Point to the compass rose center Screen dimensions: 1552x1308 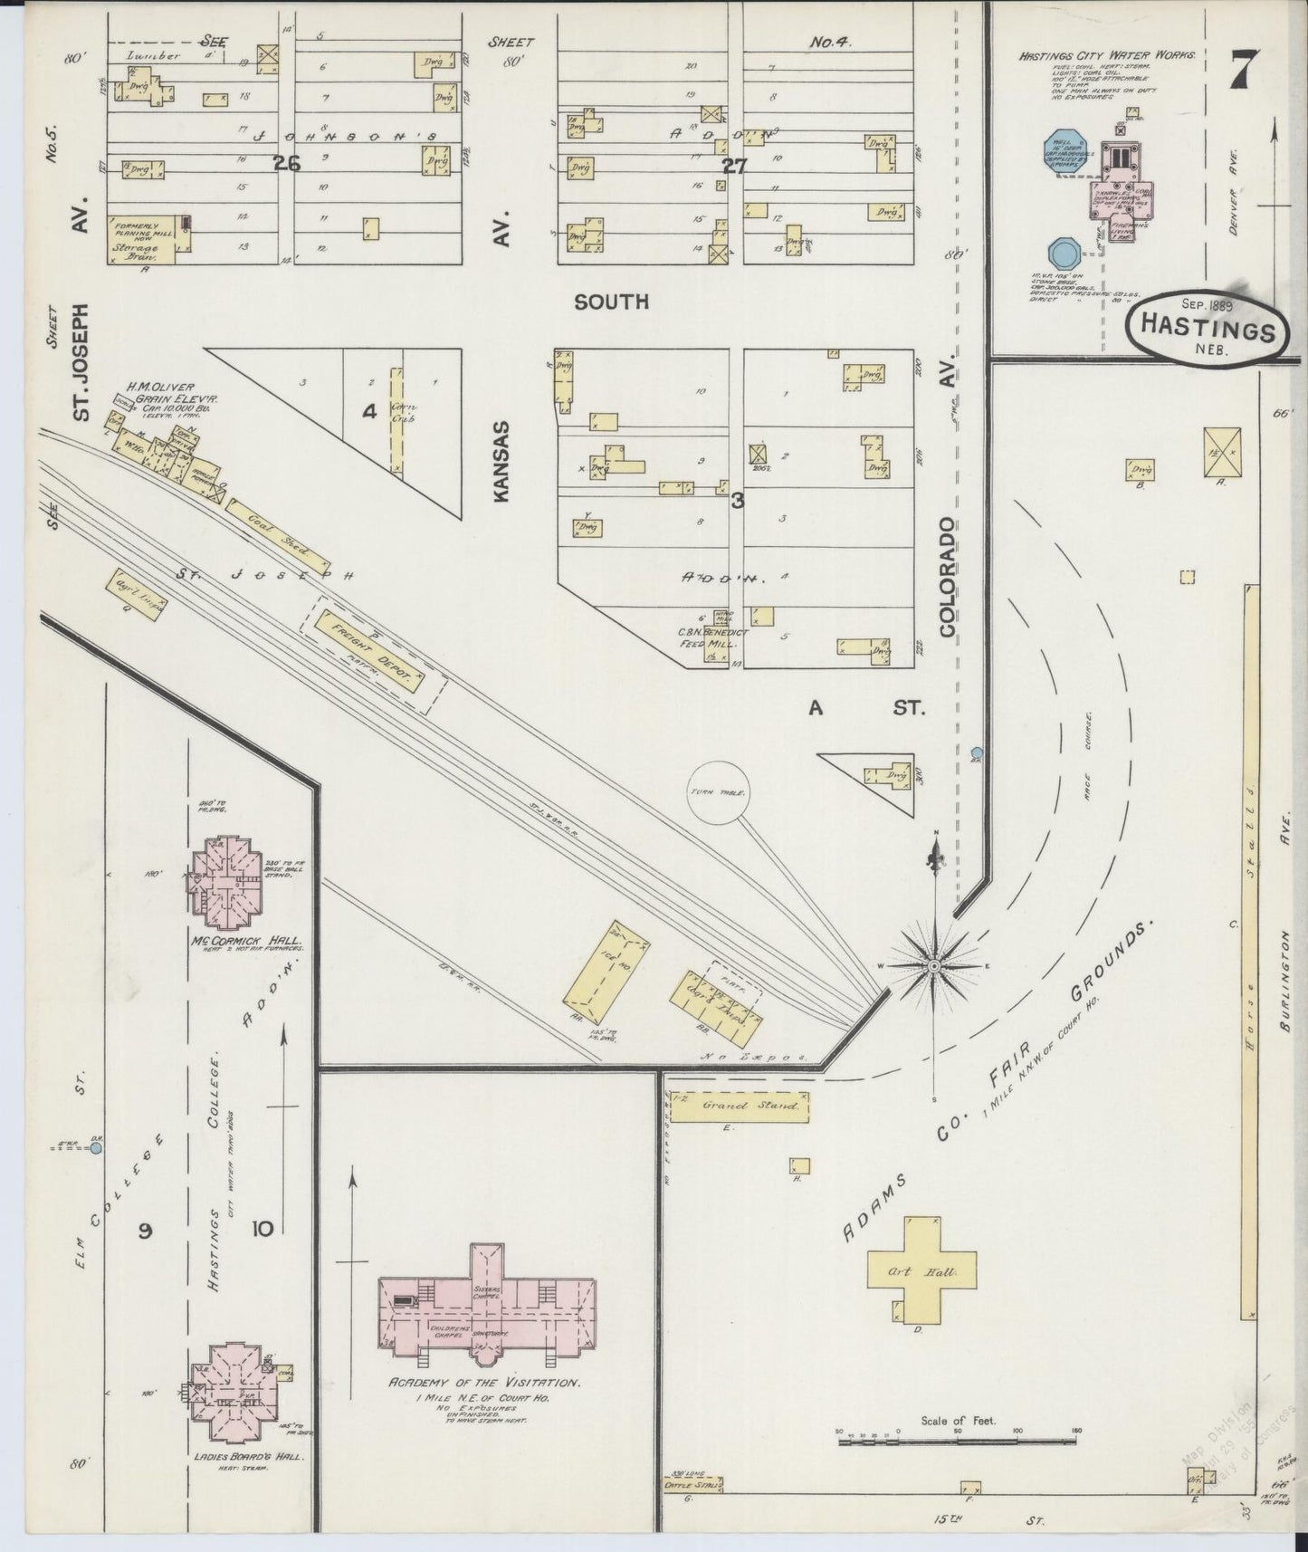[933, 967]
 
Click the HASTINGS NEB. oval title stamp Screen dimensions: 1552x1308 [1207, 331]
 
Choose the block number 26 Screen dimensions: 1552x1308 [288, 163]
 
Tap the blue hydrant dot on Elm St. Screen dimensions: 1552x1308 [96, 1148]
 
